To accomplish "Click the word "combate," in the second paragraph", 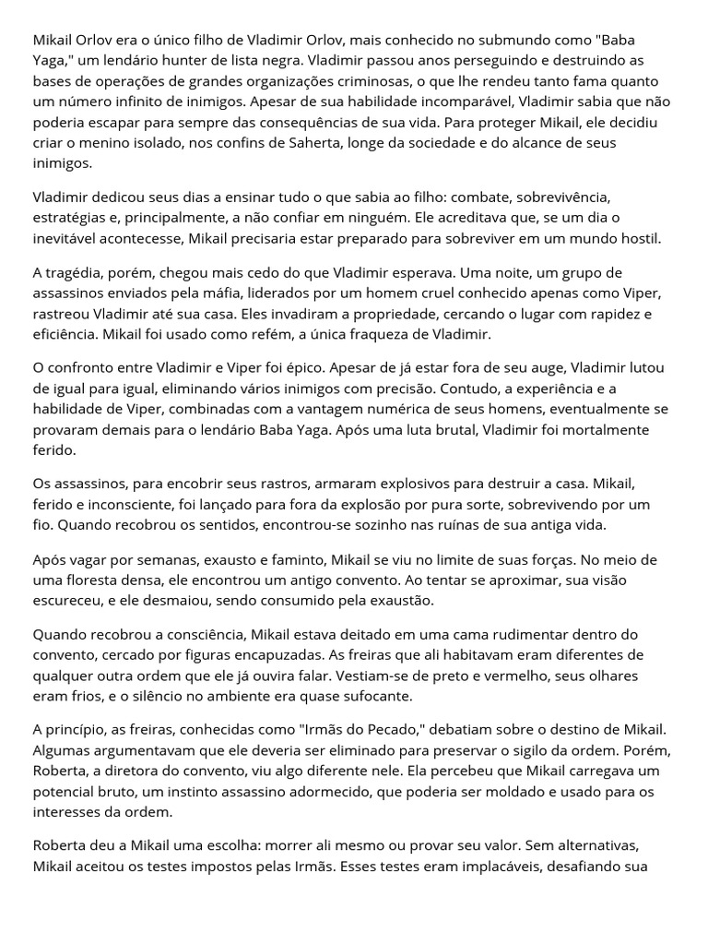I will pos(468,197).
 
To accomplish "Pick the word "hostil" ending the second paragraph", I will pos(639,238).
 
